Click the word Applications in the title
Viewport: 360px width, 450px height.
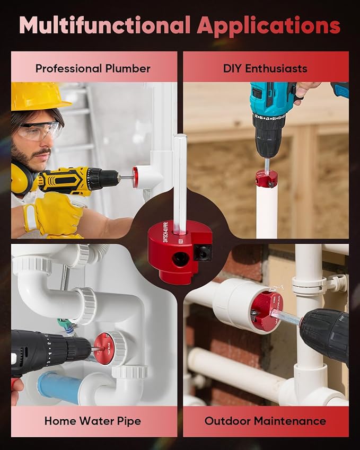[269, 25]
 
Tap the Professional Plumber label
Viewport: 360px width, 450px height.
[93, 68]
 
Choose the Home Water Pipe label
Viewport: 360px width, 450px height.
[93, 421]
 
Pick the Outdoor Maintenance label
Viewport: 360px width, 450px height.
[265, 421]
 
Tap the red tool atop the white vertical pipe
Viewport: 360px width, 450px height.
[266, 178]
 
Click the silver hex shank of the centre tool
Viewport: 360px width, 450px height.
[180, 175]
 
